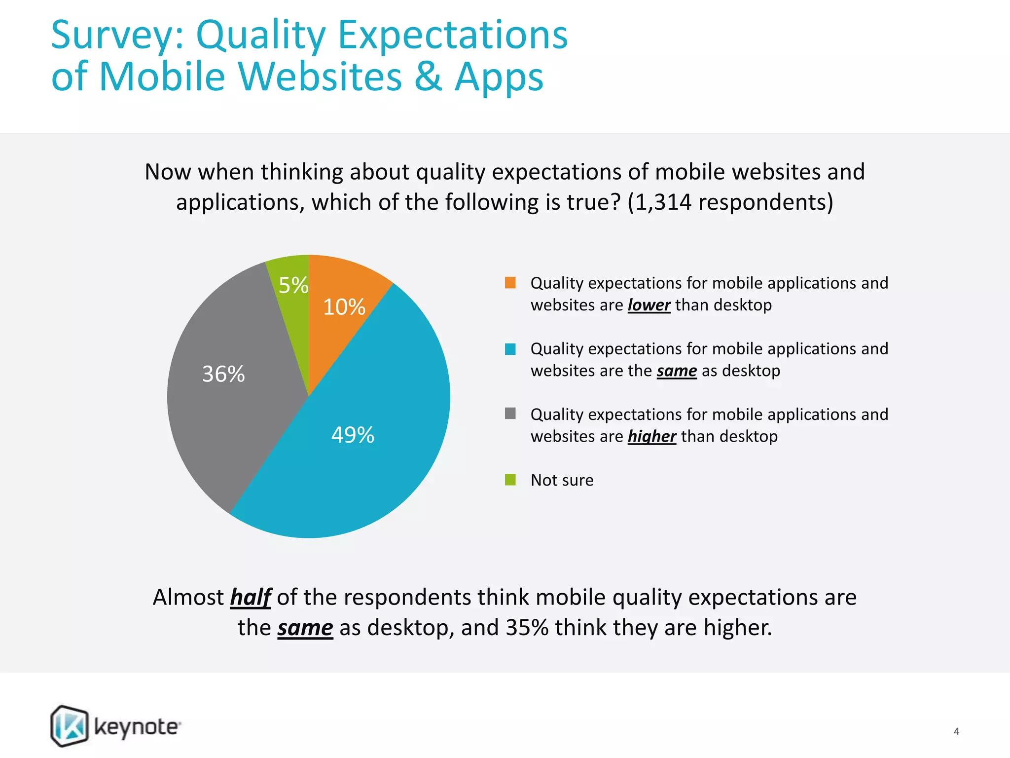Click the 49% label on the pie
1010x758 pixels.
(353, 435)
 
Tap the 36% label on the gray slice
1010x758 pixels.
(223, 374)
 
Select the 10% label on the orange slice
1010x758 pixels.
(344, 307)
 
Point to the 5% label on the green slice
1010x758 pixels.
(293, 285)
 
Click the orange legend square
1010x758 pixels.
(510, 283)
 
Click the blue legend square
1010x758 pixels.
(510, 349)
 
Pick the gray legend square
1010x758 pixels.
(510, 414)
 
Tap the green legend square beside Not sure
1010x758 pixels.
(510, 480)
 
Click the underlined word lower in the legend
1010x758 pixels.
(649, 305)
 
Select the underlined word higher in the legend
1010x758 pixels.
(651, 437)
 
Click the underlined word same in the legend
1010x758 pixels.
(676, 371)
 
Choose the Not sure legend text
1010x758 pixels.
(562, 480)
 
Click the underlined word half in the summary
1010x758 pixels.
(251, 598)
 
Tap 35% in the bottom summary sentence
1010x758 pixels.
(527, 628)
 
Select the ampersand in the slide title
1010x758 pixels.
(428, 77)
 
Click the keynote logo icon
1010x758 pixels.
(70, 726)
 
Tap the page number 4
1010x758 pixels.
(956, 731)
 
